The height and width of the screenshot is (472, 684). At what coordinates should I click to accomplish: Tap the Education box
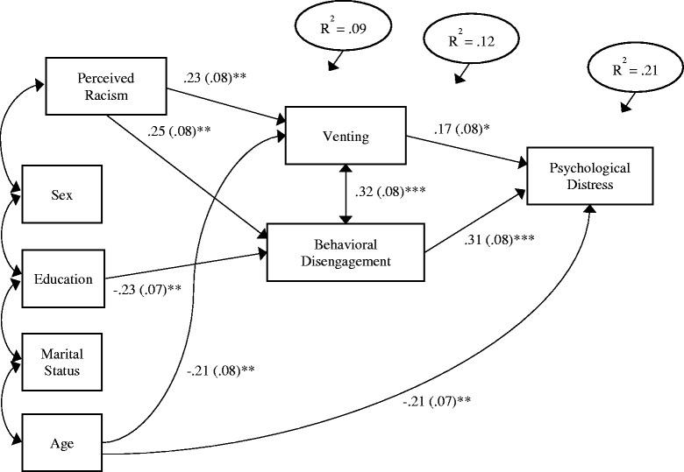[x=63, y=279]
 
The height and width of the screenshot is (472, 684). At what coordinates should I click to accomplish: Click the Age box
[x=61, y=443]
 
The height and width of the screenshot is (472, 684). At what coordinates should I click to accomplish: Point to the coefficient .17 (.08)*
[x=462, y=130]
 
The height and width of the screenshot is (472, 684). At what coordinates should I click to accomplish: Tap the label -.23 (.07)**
[x=146, y=287]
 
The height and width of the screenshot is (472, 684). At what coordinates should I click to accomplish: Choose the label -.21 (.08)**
[x=221, y=370]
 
